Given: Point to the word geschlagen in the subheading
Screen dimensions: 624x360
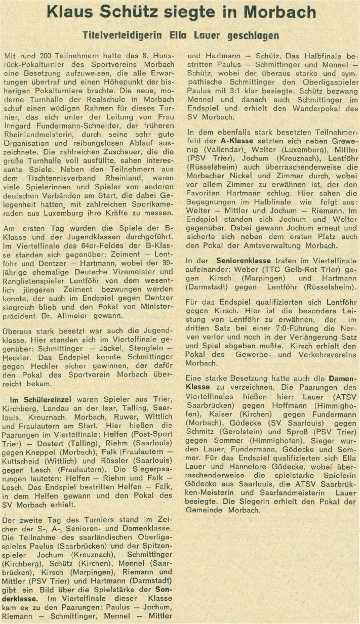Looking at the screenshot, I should point(253,36).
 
